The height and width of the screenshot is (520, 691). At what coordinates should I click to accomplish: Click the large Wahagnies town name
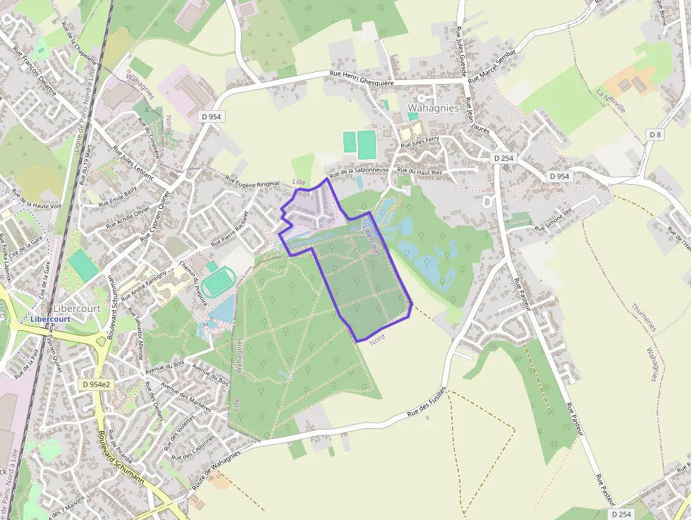pos(433,108)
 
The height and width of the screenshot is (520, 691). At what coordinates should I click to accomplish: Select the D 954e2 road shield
pos(96,385)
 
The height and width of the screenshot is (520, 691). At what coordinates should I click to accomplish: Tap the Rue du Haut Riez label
pos(420,171)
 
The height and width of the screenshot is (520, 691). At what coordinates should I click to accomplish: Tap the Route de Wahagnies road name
pos(216,470)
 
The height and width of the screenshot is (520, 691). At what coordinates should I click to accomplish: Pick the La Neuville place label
pos(611,102)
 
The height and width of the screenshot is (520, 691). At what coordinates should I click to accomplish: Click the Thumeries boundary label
pos(643,318)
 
